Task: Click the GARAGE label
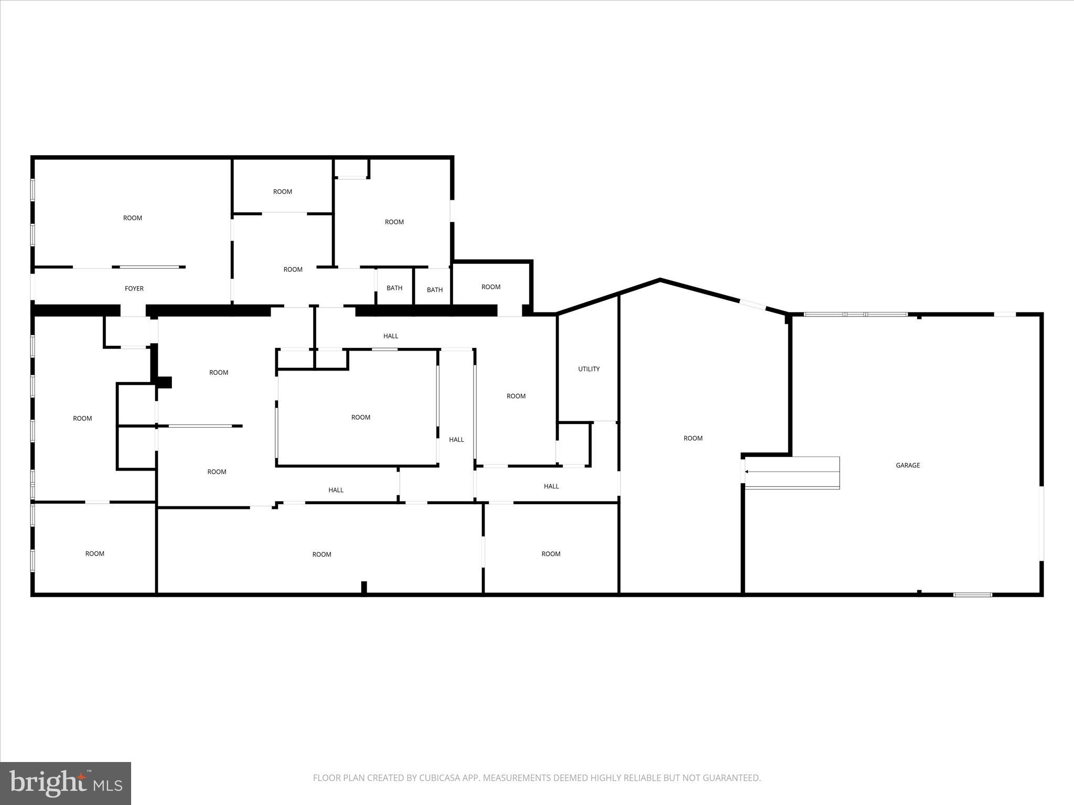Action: pyautogui.click(x=908, y=465)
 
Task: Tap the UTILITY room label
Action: pyautogui.click(x=589, y=369)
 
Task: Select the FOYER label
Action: pyautogui.click(x=134, y=289)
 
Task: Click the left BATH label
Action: pyautogui.click(x=394, y=288)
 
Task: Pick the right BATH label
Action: pyautogui.click(x=435, y=290)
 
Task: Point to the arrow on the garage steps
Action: pyautogui.click(x=747, y=472)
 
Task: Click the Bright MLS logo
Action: pyautogui.click(x=66, y=783)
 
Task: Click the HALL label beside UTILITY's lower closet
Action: pyautogui.click(x=551, y=486)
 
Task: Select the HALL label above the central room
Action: pyautogui.click(x=391, y=336)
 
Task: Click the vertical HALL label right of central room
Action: pyautogui.click(x=456, y=440)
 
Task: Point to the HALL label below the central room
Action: pyautogui.click(x=336, y=490)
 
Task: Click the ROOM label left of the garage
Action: pyautogui.click(x=693, y=438)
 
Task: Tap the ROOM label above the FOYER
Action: pyautogui.click(x=133, y=218)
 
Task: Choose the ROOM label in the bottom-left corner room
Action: pyautogui.click(x=95, y=553)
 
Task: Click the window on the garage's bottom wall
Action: pyautogui.click(x=972, y=594)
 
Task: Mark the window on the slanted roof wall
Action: pyautogui.click(x=753, y=305)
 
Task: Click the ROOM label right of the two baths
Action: pyautogui.click(x=491, y=287)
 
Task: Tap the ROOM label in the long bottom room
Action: pyautogui.click(x=322, y=554)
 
